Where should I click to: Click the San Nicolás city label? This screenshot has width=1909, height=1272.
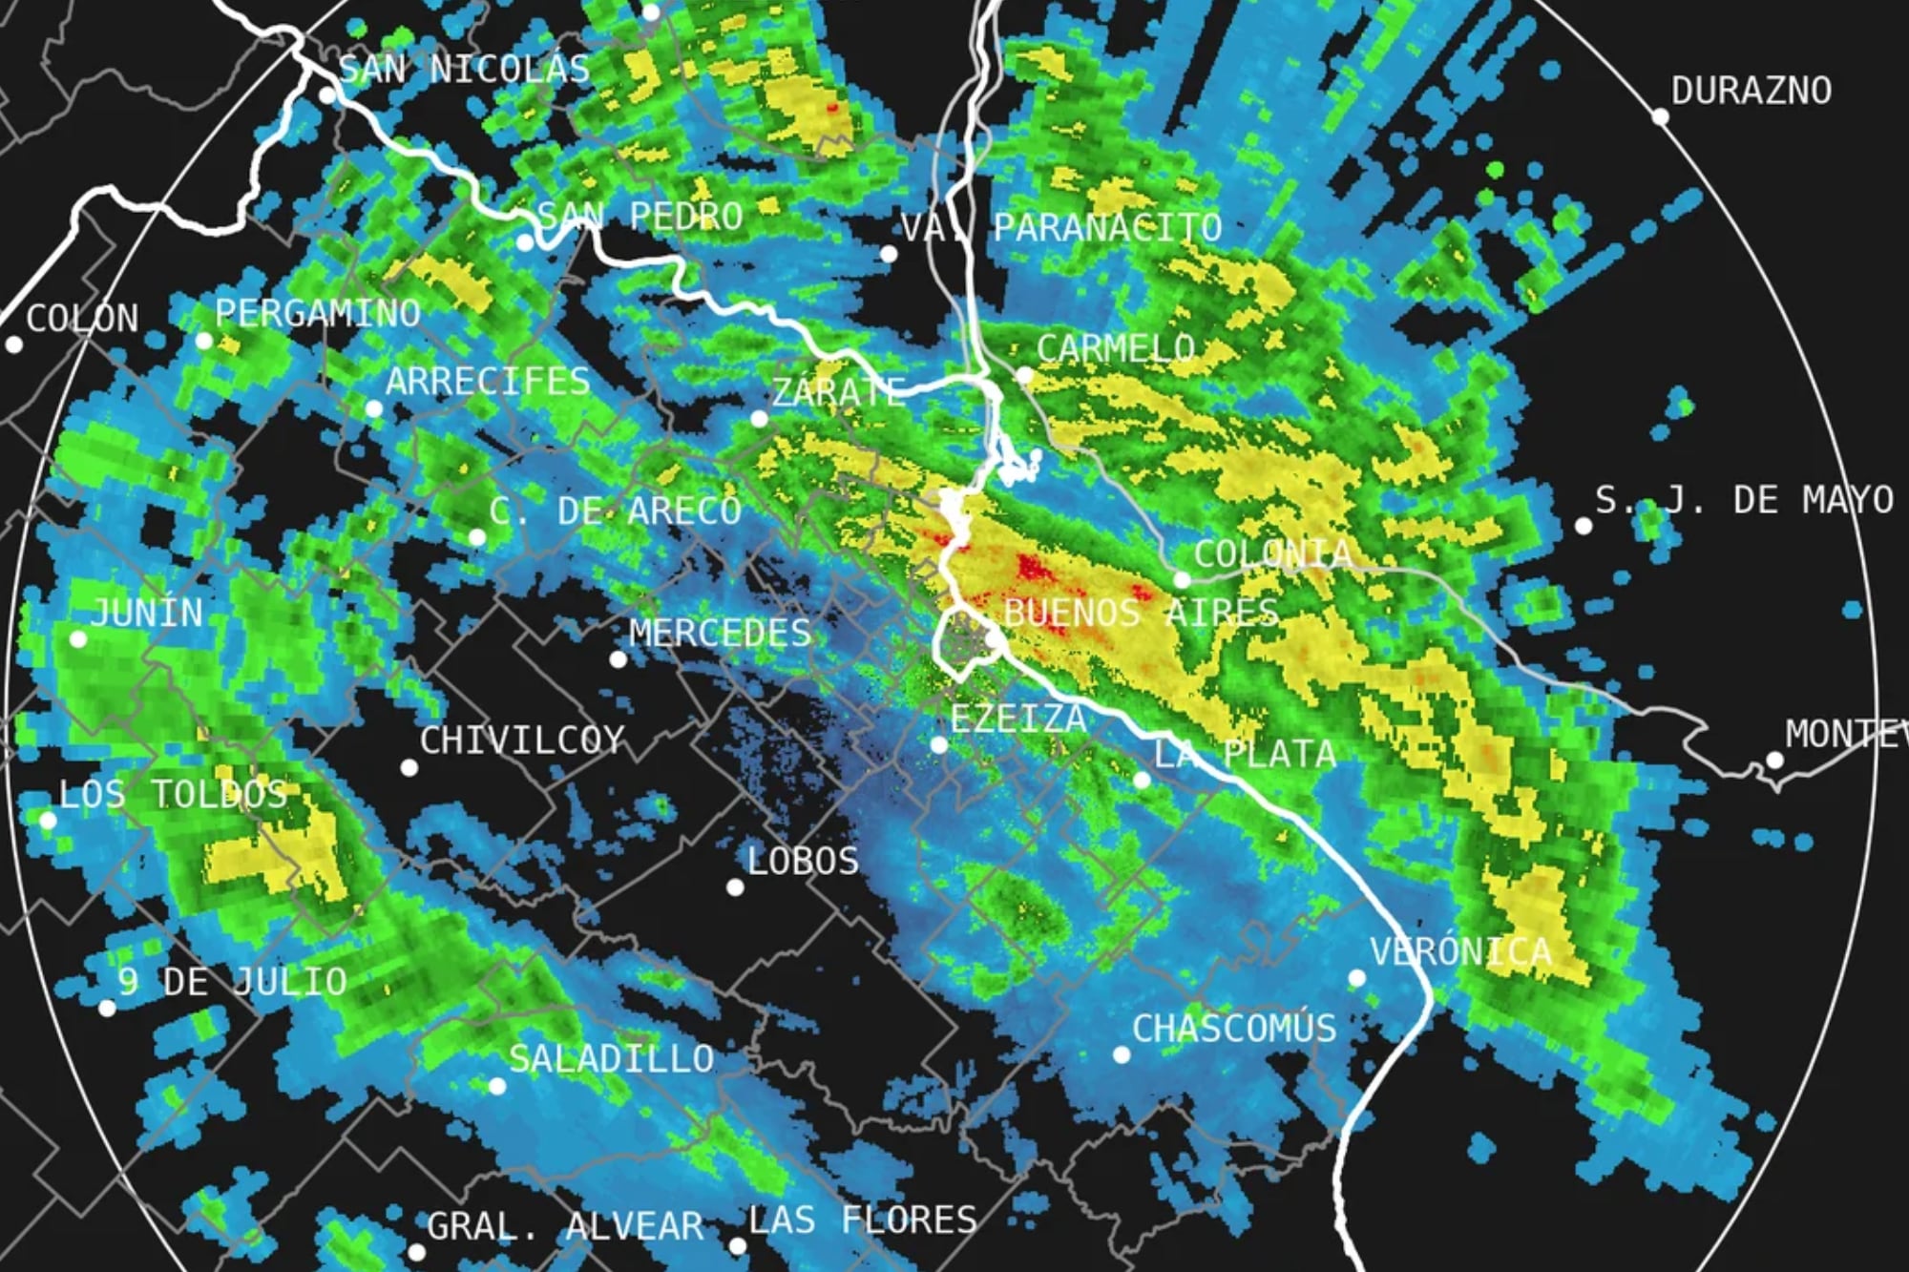[x=465, y=70]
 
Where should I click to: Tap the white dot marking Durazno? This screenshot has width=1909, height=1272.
[x=1660, y=116]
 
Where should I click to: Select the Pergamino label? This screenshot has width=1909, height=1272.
[x=318, y=314]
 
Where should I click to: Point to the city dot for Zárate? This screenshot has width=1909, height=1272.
[x=759, y=418]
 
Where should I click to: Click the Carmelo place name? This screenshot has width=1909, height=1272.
[x=1116, y=349]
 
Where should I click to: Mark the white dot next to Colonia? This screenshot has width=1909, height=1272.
[x=1182, y=579]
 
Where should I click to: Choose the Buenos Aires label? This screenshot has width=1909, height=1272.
[x=1141, y=613]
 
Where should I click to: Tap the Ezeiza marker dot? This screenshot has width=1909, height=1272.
[x=939, y=744]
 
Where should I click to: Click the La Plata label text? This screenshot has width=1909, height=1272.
[x=1246, y=755]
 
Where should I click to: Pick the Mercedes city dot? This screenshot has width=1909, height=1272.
[x=618, y=658]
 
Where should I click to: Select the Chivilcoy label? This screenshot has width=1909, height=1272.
[x=522, y=740]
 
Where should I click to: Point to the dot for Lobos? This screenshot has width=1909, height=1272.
[x=735, y=887]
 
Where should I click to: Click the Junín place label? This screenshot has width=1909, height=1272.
[x=148, y=614]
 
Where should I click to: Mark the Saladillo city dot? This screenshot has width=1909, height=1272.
[x=496, y=1086]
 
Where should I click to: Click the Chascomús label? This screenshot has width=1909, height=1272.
[x=1234, y=1029]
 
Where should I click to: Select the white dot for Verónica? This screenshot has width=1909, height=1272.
[x=1356, y=978]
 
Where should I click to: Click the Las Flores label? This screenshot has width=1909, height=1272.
[x=863, y=1220]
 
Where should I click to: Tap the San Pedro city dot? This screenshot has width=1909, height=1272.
[x=525, y=242]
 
